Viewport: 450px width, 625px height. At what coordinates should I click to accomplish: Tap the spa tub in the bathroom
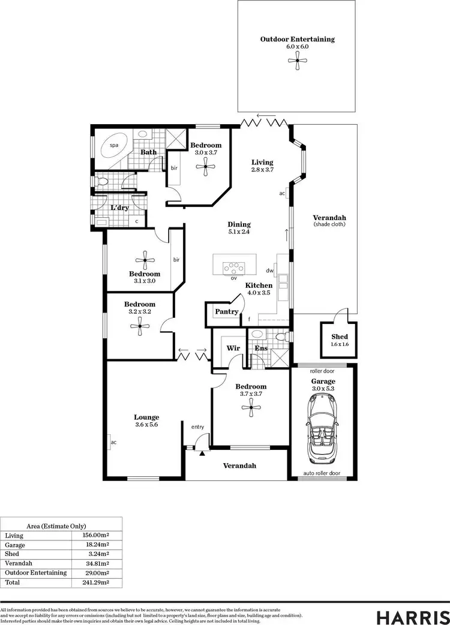coord(112,146)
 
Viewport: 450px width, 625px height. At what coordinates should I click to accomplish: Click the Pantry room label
coord(227,312)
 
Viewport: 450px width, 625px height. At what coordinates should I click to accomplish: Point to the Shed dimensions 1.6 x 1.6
coord(340,344)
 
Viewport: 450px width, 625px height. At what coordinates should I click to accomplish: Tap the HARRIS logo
coord(413,618)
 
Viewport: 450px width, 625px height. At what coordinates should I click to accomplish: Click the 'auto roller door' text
coord(322,473)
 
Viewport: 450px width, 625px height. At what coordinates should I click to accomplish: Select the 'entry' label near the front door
coord(197,427)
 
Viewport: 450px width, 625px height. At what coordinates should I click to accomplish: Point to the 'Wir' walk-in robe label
coord(233,348)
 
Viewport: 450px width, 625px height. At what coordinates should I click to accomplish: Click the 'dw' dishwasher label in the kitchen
coord(270,271)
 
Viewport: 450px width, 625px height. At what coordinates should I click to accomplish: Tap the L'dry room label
coord(120,208)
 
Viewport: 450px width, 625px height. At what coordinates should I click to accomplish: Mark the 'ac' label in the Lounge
coord(113,443)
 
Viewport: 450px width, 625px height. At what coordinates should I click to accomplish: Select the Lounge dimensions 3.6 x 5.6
coord(146,425)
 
